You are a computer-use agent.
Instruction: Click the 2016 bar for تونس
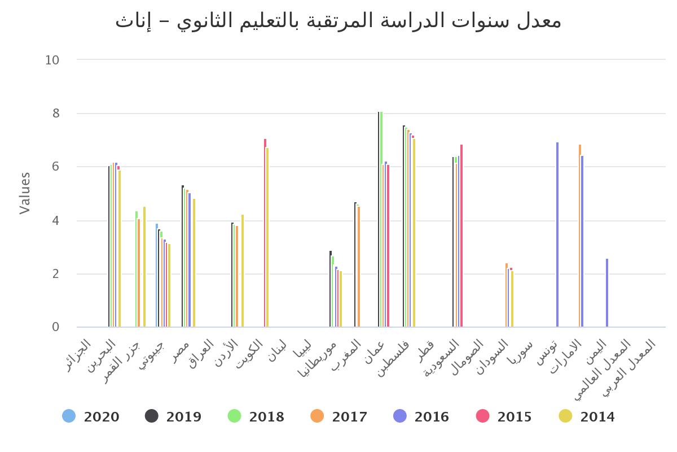click(x=557, y=234)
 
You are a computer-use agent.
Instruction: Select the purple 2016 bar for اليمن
click(x=607, y=293)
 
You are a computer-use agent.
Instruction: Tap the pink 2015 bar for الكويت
click(x=265, y=233)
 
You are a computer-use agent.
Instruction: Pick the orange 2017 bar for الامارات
click(x=580, y=236)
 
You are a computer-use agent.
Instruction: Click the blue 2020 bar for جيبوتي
click(x=157, y=275)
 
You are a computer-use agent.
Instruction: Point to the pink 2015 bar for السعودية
click(x=461, y=236)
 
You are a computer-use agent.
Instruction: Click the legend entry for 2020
click(x=91, y=417)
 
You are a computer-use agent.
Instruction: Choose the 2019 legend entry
click(x=174, y=417)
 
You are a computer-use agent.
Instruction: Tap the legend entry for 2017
click(x=339, y=417)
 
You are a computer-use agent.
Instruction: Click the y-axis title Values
click(x=25, y=193)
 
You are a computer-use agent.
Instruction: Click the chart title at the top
click(x=338, y=21)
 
